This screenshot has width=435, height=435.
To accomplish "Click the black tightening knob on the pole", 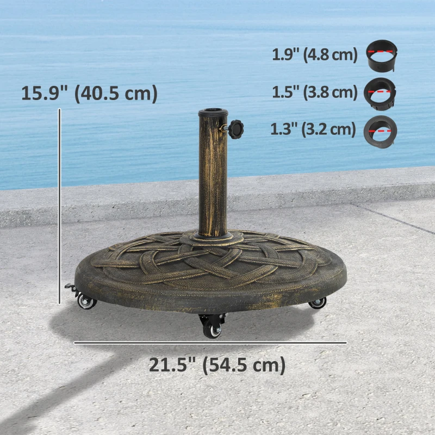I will [236, 129].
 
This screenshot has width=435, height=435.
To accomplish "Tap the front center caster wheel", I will [212, 328].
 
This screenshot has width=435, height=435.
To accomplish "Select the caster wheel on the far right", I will [317, 303].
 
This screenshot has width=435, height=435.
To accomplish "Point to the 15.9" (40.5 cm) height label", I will [89, 93].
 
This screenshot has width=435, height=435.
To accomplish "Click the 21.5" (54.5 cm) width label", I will [217, 365].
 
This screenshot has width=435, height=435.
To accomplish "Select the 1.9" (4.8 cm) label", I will [314, 55].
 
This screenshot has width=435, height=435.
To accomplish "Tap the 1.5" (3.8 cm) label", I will [314, 92].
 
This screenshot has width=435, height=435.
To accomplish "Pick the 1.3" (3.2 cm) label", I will [313, 129].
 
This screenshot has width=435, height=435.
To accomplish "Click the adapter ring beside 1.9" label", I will [381, 55].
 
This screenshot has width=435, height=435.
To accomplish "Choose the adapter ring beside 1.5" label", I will [381, 91].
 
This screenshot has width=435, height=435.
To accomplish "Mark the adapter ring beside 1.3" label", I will [381, 130].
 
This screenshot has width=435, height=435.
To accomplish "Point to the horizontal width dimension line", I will [210, 343].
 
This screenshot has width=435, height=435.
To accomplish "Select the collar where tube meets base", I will [212, 237].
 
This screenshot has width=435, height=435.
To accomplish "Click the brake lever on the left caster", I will [69, 287].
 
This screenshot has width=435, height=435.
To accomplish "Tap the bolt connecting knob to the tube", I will [224, 129].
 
